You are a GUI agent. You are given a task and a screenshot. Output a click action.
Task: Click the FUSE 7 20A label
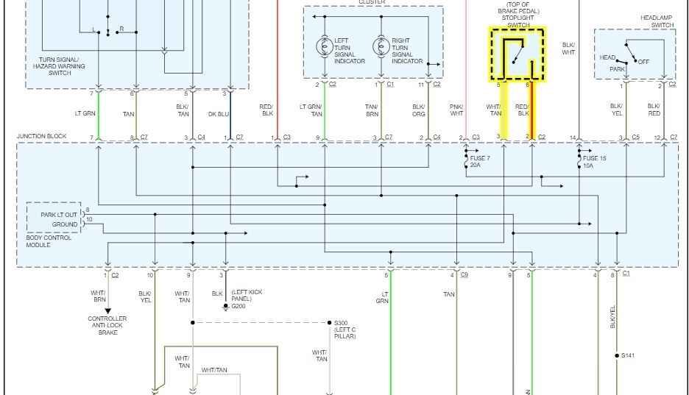pyautogui.click(x=480, y=162)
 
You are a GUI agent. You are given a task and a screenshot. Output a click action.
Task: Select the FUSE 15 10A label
pyautogui.click(x=595, y=162)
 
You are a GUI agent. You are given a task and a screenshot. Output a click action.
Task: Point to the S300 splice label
pyautogui.click(x=340, y=323)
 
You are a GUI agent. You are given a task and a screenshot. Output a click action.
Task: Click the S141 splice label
pyautogui.click(x=627, y=356)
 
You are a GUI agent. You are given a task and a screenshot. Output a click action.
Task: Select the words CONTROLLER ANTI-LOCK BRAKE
pyautogui.click(x=107, y=326)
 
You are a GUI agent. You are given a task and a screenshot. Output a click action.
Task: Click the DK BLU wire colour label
pyautogui.click(x=219, y=113)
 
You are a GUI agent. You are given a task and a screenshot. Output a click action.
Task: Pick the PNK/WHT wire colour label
pyautogui.click(x=456, y=110)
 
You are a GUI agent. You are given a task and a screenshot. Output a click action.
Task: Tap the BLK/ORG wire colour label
pyautogui.click(x=418, y=110)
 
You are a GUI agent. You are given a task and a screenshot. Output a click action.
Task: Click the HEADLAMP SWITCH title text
pyautogui.click(x=657, y=21)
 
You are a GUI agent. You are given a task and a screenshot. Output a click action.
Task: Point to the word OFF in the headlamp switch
pyautogui.click(x=643, y=61)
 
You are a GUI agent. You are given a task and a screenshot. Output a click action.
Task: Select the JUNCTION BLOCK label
pyautogui.click(x=42, y=136)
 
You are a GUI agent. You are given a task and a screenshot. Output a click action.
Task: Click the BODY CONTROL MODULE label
pyautogui.click(x=49, y=241)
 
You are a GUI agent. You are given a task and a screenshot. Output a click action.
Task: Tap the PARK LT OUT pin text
pyautogui.click(x=59, y=215)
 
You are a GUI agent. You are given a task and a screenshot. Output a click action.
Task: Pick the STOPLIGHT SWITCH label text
pyautogui.click(x=518, y=21)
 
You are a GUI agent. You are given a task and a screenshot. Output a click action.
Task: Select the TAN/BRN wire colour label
pyautogui.click(x=372, y=110)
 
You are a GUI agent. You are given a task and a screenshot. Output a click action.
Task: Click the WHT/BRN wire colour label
pyautogui.click(x=99, y=296)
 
